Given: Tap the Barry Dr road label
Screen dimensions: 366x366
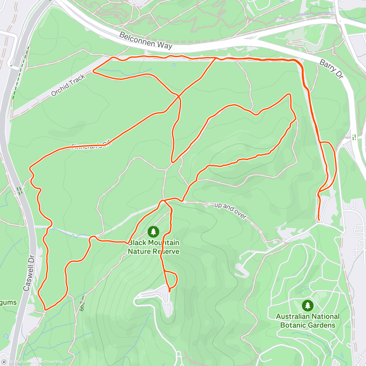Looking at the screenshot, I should (332, 69).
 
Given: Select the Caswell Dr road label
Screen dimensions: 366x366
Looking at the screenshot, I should (29, 273).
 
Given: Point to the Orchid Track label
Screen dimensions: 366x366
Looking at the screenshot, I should (68, 85).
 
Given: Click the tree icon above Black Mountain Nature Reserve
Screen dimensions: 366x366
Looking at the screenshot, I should (153, 232).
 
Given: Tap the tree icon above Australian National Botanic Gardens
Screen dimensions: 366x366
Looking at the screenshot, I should (307, 306).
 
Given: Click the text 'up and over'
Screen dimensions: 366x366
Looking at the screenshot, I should (230, 210).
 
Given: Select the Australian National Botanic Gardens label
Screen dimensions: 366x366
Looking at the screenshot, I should (308, 321).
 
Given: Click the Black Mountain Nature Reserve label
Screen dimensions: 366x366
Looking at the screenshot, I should (153, 247).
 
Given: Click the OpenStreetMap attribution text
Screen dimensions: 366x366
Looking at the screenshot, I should (48, 362).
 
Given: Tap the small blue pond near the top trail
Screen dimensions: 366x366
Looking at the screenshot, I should (174, 65).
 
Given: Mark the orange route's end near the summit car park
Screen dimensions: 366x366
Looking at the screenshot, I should (169, 291).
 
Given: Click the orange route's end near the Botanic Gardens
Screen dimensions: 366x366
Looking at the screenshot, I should (319, 219).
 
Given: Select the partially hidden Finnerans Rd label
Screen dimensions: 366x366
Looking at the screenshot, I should (90, 146).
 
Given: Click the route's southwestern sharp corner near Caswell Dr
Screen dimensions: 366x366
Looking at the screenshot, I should (45, 310).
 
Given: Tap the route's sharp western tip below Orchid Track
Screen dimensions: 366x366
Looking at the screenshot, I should (93, 71).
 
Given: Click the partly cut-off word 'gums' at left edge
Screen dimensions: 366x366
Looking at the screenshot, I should (8, 303).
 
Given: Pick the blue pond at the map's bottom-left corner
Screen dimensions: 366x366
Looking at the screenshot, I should (5, 336).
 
